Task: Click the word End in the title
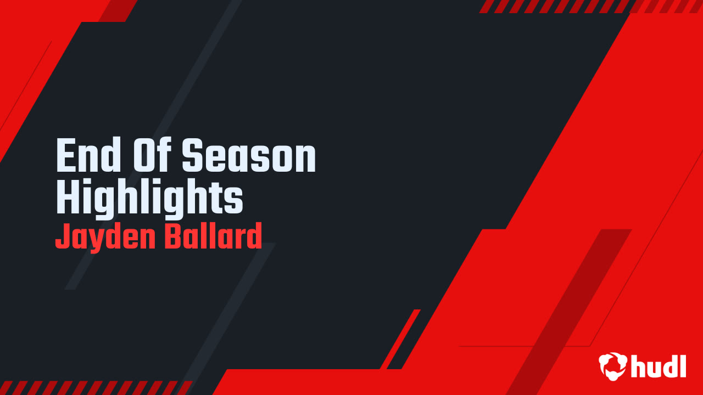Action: (87, 156)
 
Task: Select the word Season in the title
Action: (249, 156)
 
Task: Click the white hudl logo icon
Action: (613, 366)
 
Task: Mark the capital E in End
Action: (65, 156)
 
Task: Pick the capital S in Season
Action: (192, 156)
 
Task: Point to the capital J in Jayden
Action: (62, 236)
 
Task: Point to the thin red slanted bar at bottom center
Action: (400, 339)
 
